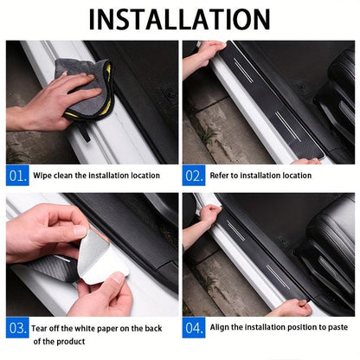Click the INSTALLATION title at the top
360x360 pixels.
(179, 19)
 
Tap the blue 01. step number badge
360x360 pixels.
(17, 176)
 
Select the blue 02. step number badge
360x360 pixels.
(194, 176)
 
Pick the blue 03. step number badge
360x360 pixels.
(17, 329)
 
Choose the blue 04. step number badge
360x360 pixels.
(194, 329)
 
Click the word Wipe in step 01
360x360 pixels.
(43, 176)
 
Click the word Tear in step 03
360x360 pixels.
(43, 328)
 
